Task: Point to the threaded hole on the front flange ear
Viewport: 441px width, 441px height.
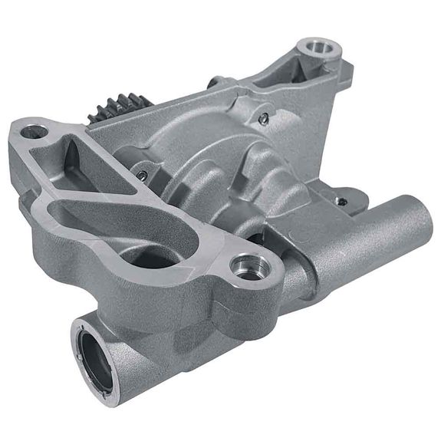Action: point(251,265)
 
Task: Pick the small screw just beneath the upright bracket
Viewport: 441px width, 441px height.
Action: point(263,119)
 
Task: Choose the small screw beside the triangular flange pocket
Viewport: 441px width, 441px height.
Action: point(143,175)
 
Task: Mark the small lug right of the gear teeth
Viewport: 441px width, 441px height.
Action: point(216,80)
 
